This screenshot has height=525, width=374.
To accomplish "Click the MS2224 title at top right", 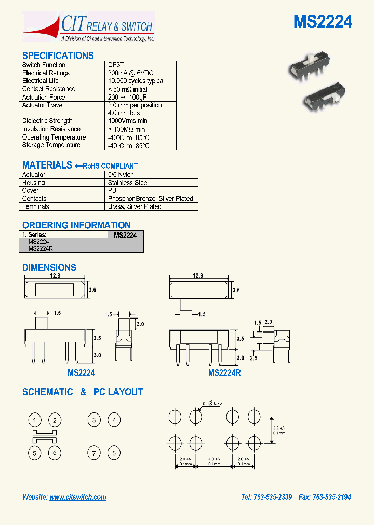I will coord(323,22).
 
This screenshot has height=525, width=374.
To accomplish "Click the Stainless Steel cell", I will coord(128,183).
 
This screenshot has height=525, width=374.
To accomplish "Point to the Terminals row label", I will coord(36,206).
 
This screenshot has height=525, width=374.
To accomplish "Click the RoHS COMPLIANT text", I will coord(110,166).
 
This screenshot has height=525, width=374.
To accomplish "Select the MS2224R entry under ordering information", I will coord(41,248).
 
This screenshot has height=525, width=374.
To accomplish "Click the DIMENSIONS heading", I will coord(49,268).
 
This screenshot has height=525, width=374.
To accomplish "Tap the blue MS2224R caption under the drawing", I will coord(224,372).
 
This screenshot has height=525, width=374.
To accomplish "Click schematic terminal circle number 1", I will coord(35,420).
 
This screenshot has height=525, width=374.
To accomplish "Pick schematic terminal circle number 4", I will coord(114,420).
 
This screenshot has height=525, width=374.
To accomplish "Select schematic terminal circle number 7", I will coord(94,453).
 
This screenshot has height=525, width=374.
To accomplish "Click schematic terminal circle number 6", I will coord(55,453).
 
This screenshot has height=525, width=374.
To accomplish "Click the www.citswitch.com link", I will coord(78,497).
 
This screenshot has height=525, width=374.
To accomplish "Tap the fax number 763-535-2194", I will coord(331,497).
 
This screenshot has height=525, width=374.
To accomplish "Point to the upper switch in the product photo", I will coord(310,66).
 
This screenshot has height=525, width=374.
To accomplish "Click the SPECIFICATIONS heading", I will coord(58,56).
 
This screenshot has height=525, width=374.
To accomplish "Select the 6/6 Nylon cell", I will coord(121,175).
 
